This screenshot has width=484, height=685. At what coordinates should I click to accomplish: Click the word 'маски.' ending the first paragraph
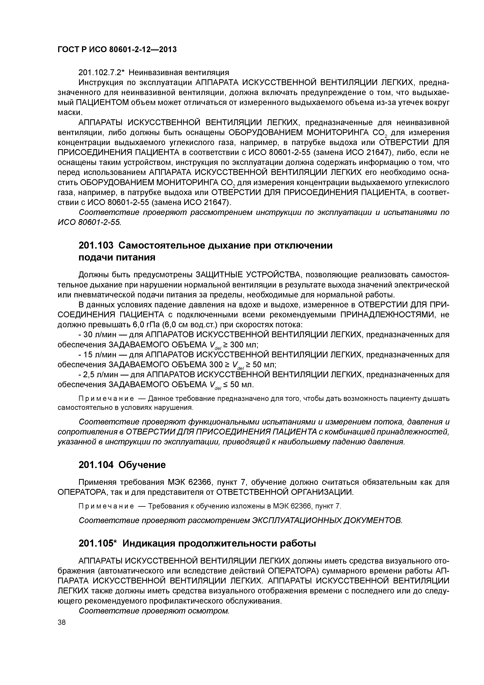coord(69,112)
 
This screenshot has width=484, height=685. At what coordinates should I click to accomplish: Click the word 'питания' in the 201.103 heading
coord(136,257)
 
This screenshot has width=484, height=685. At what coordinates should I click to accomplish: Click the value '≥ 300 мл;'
coord(241,345)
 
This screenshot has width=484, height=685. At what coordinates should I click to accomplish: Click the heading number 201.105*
coord(98,544)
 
